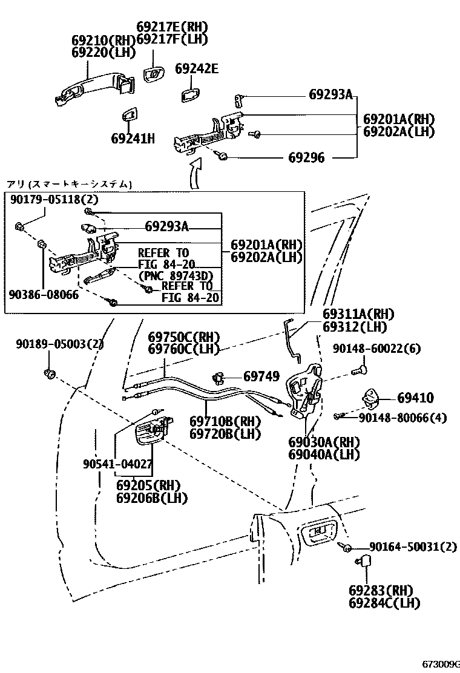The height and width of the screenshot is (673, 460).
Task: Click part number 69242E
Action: coord(197,68)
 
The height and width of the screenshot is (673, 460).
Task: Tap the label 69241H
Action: coord(133,139)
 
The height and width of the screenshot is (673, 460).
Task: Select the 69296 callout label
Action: coord(306,158)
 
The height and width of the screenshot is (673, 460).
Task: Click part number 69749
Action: coord(261,376)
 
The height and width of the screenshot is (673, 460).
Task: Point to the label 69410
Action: coord(416,398)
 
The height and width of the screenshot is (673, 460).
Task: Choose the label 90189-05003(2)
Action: coord(60,344)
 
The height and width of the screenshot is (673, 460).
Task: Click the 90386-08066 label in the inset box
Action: coord(44,295)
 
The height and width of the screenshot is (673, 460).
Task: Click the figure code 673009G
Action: coord(440,664)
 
